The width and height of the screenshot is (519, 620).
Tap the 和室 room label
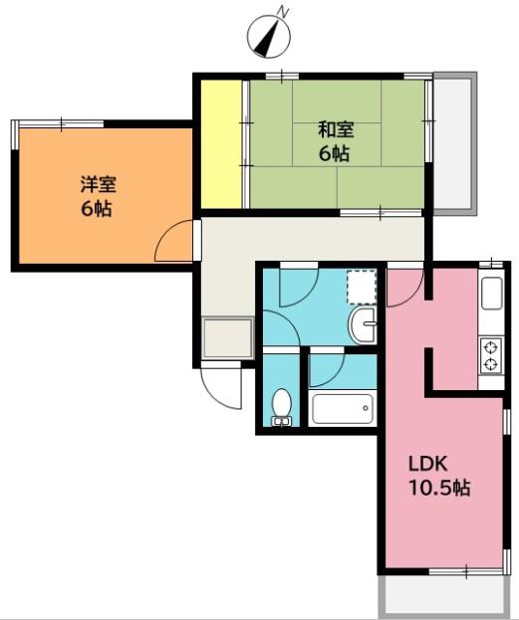(x=336, y=129)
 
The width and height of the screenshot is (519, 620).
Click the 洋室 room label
(x=99, y=184)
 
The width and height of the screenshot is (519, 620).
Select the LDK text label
(x=428, y=464)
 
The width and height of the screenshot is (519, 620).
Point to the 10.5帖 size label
(x=439, y=488)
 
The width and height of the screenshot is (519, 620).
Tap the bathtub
(x=341, y=408)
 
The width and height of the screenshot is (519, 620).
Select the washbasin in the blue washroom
(x=362, y=324)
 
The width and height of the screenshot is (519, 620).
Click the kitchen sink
(x=492, y=294)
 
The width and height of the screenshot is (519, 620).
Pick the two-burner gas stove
(x=491, y=356)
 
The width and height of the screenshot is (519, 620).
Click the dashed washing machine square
(x=361, y=287)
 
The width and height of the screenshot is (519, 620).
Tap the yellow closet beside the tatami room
(x=221, y=144)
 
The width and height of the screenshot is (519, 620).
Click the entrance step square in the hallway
(x=227, y=337)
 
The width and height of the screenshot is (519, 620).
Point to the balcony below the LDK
(x=443, y=595)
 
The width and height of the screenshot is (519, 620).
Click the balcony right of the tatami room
(x=454, y=143)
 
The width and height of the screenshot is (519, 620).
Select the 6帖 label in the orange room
(x=97, y=209)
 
